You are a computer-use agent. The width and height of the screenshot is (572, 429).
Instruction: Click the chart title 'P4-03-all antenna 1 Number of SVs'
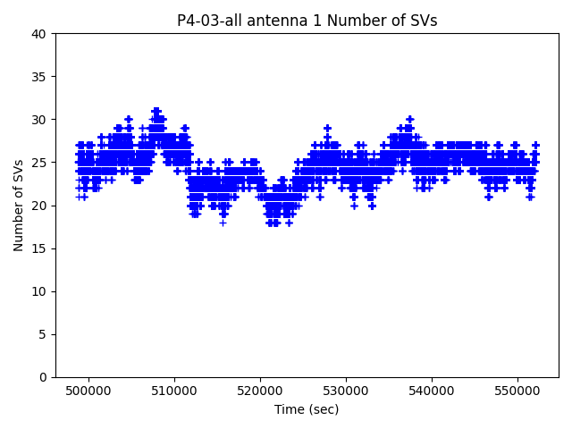click(x=307, y=21)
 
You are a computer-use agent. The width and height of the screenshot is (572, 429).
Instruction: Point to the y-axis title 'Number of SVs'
click(x=19, y=206)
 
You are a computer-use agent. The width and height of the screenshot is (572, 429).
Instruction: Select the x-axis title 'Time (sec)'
click(x=307, y=409)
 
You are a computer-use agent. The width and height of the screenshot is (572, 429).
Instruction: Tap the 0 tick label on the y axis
click(x=43, y=377)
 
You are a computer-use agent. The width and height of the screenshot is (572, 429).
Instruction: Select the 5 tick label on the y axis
click(x=43, y=334)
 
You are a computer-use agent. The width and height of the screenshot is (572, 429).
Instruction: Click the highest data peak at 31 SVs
click(x=156, y=111)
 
